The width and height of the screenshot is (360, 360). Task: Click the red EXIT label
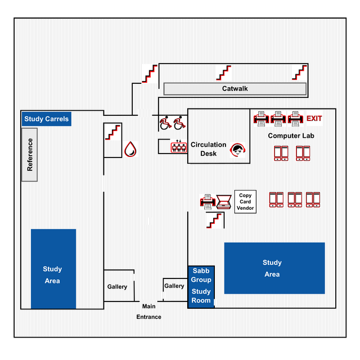click(x=314, y=118)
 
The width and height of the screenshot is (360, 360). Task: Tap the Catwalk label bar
click(x=235, y=89)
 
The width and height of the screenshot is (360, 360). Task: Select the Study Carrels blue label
click(x=47, y=119)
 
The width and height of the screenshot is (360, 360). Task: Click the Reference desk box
click(x=30, y=155)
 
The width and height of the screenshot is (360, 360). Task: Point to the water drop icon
click(x=130, y=149)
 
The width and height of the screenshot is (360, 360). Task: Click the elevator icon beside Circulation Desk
click(x=178, y=147)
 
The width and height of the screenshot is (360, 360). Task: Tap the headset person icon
click(x=238, y=151)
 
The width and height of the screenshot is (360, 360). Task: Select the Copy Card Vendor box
click(x=245, y=201)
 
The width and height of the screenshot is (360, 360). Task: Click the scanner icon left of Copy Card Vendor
click(x=224, y=201)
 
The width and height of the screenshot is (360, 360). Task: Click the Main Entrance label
click(x=148, y=312)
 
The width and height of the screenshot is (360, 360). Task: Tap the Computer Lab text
click(x=291, y=136)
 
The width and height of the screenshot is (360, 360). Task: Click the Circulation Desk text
click(x=208, y=149)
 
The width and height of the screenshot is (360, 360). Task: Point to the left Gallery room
click(x=118, y=286)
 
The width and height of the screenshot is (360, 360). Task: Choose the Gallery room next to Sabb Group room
click(x=174, y=286)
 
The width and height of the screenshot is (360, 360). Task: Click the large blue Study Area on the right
click(x=274, y=268)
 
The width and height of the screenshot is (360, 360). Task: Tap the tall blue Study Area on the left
click(x=53, y=269)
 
